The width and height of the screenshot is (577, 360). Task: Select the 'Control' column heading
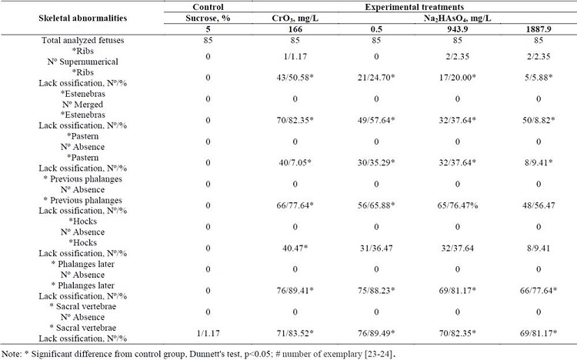(x=214, y=5)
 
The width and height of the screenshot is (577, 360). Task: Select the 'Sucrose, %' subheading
(x=214, y=16)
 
